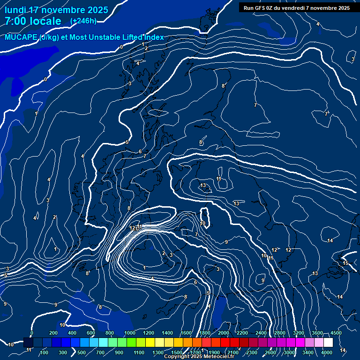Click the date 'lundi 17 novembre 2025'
[56, 10]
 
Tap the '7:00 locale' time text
[33, 21]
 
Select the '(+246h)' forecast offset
[83, 21]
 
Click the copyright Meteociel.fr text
[199, 357]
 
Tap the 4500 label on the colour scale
[336, 333]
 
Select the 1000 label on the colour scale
[130, 333]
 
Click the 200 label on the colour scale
[53, 333]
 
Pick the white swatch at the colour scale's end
[341, 343]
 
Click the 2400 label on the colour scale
[261, 333]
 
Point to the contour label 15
[345, 263]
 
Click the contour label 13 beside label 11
[203, 186]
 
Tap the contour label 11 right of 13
[219, 179]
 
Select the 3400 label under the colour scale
[308, 352]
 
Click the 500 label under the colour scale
[82, 352]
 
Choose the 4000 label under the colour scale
[327, 352]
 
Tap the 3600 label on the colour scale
[317, 333]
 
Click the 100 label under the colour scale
[45, 352]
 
